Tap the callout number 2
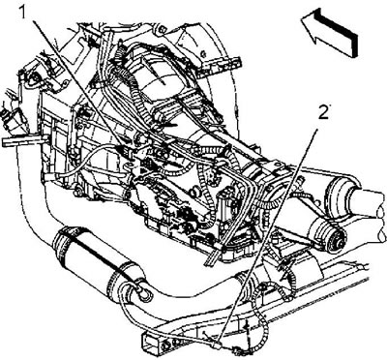pos(323,113)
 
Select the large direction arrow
pos(329,32)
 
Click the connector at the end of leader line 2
pos(218,345)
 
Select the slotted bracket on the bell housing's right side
pos(219,67)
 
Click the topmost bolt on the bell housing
pos(163,30)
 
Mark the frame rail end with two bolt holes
pos(162,343)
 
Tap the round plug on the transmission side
pos(193,193)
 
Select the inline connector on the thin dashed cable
pos(238,349)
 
